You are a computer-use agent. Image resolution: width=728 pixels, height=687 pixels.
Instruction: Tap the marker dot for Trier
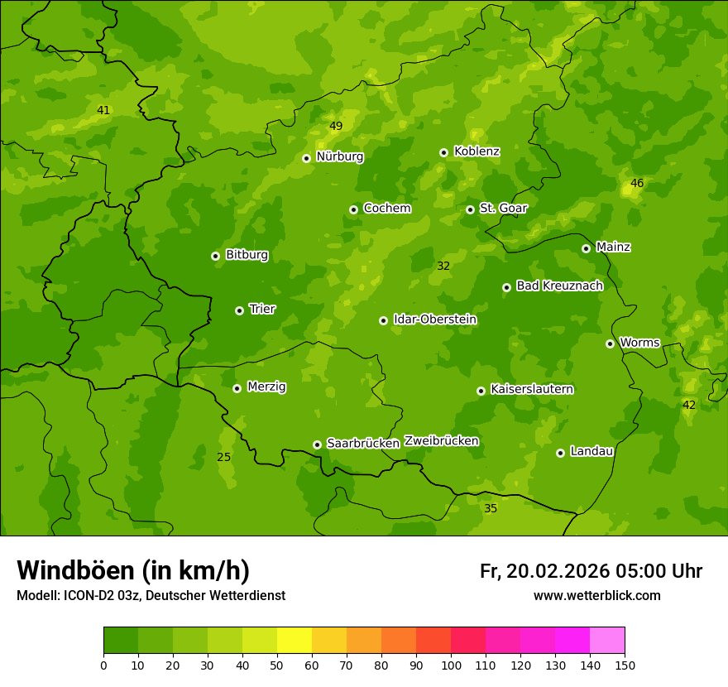click(239, 310)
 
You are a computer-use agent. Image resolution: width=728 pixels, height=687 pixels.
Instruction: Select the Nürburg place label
click(339, 156)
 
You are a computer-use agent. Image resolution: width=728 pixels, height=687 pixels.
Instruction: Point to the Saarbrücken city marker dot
click(317, 444)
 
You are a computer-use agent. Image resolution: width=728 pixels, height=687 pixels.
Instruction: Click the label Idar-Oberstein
click(434, 319)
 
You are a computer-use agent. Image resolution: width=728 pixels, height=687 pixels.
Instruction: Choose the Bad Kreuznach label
click(559, 286)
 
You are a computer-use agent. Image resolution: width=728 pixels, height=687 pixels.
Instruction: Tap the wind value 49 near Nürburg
click(336, 127)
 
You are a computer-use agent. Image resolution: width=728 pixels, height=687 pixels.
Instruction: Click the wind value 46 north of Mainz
click(637, 183)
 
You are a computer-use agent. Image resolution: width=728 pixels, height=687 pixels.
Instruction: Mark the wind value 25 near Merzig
click(224, 457)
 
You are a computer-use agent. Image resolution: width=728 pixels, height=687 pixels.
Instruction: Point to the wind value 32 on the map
click(443, 266)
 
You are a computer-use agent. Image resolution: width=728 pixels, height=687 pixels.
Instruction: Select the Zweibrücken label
click(441, 441)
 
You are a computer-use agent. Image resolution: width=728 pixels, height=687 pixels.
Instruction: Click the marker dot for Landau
click(560, 453)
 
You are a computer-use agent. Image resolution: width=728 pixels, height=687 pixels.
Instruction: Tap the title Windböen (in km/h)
click(133, 570)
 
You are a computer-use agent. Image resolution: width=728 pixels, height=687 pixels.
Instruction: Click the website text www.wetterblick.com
click(596, 596)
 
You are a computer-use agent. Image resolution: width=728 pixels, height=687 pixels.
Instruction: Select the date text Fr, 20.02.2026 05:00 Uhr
click(591, 571)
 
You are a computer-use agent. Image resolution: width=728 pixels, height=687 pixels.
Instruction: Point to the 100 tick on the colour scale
click(451, 665)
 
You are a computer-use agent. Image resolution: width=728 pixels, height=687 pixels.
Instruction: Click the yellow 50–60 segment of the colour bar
click(295, 641)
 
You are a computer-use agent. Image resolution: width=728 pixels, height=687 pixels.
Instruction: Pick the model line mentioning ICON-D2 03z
click(151, 596)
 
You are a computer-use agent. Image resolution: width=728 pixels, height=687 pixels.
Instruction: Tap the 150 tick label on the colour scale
click(625, 665)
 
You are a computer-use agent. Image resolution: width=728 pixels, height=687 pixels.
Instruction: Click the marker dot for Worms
click(610, 343)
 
